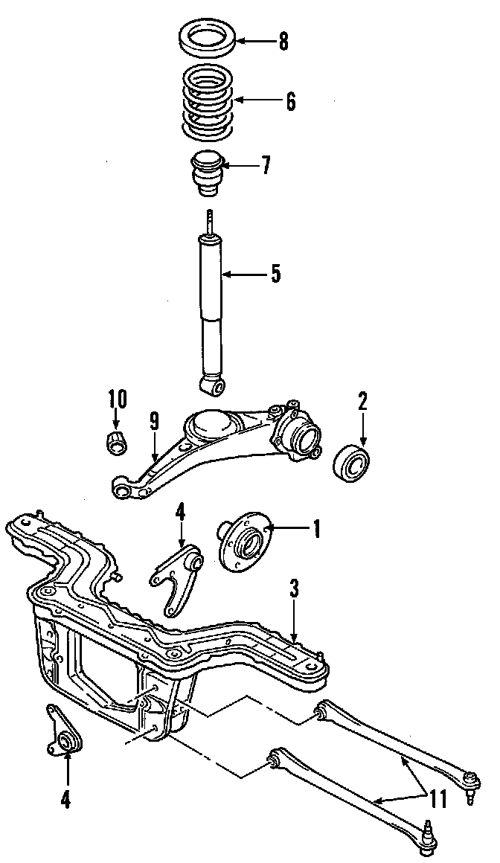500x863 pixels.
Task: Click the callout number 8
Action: [x=283, y=42]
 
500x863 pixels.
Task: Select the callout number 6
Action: [x=289, y=101]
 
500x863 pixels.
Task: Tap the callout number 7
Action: [x=266, y=165]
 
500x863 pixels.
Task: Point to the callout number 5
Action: [x=275, y=274]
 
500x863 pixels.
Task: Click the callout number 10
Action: [x=117, y=400]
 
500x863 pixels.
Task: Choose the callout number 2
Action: [x=362, y=402]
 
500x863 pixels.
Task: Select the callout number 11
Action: [x=438, y=800]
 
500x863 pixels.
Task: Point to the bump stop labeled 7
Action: [x=208, y=174]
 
